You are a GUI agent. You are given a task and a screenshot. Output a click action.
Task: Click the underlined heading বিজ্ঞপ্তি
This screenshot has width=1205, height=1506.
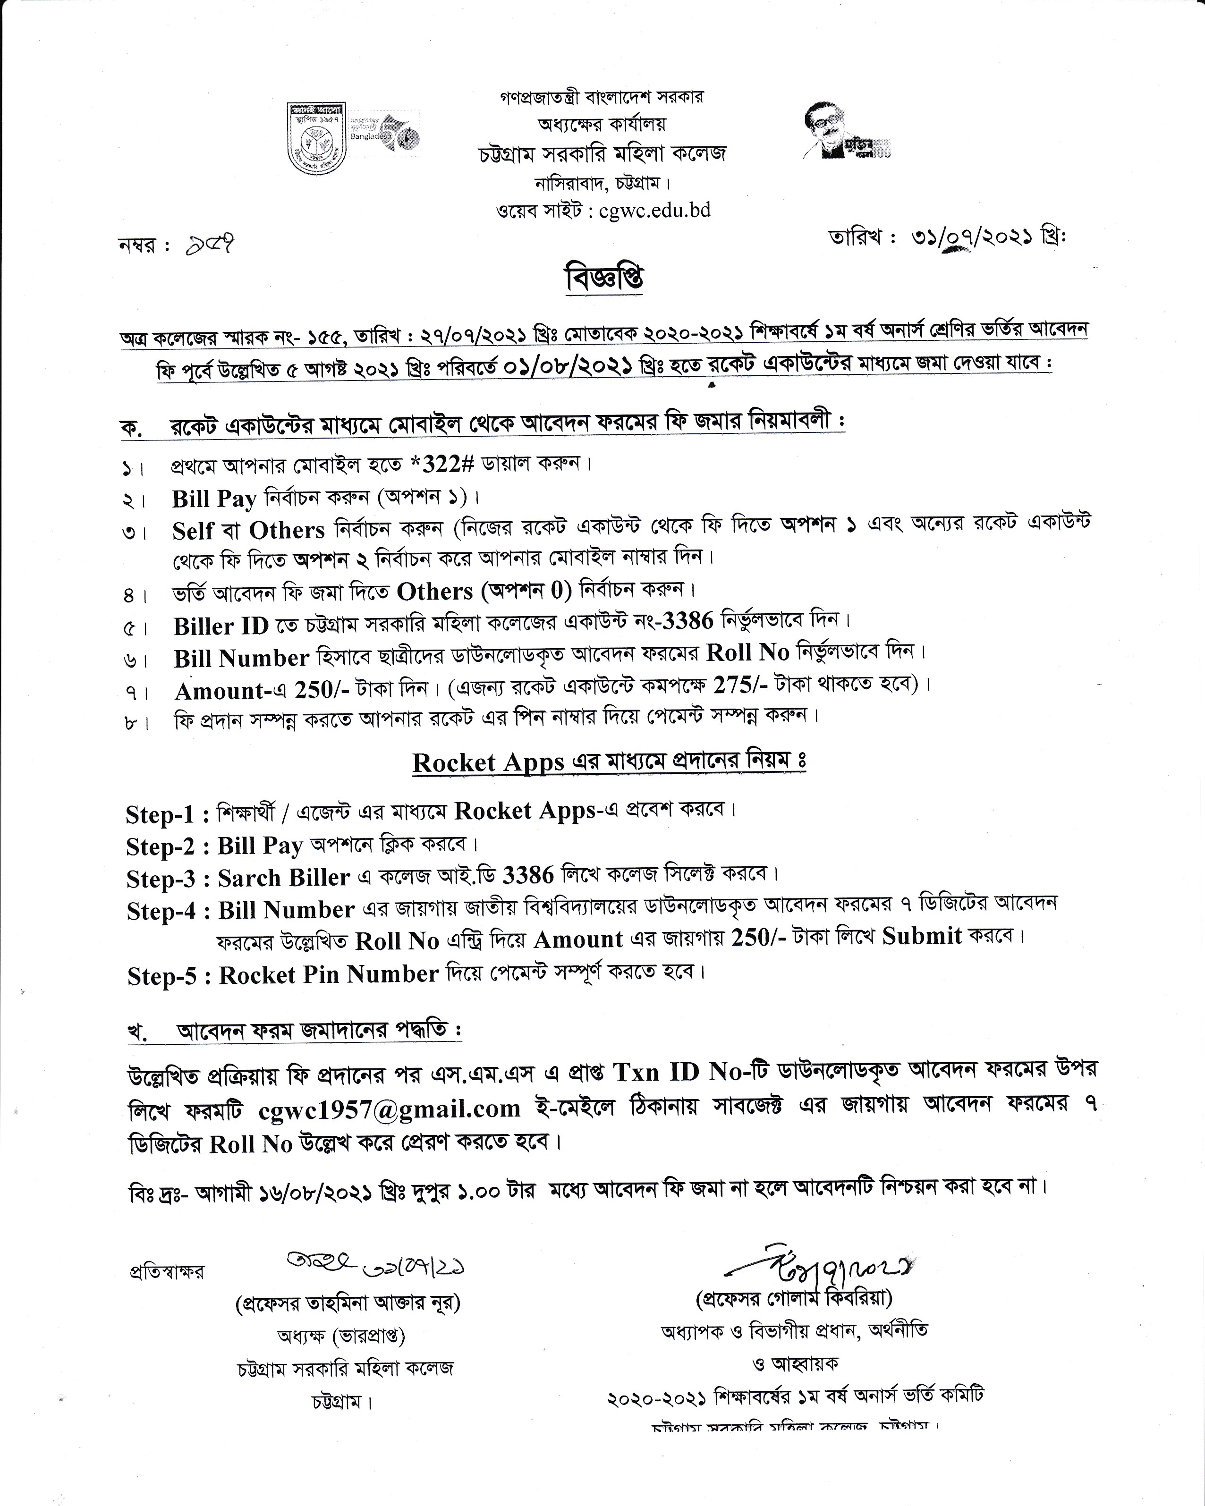tap(604, 278)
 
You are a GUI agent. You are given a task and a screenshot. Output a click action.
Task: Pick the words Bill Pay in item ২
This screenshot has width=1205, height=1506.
tap(214, 498)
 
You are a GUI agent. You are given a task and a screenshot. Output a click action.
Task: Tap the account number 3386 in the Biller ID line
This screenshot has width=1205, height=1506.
tap(687, 619)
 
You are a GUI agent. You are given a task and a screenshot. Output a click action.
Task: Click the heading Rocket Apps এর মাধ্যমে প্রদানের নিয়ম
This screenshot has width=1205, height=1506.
tap(609, 761)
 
